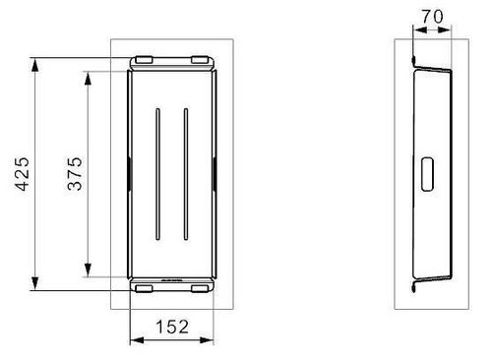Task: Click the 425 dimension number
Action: pos(23,174)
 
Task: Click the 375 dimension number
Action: pos(75,174)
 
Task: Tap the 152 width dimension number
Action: pos(172,327)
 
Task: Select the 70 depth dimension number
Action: pos(432,17)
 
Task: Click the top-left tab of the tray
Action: pos(144,60)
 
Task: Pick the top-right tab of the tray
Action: pos(200,60)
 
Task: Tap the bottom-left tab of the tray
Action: pos(144,288)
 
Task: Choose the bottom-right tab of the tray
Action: pos(200,288)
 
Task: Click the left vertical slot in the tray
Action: pos(157,174)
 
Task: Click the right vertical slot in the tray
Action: pos(186,174)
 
